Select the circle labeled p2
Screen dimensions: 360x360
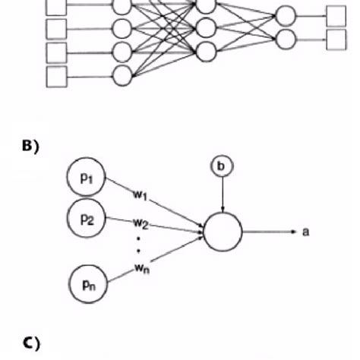tap(86, 218)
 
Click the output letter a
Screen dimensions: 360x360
tap(305, 232)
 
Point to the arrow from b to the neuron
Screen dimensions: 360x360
tap(221, 194)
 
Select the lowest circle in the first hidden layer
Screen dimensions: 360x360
tap(122, 74)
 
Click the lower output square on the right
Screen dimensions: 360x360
tap(335, 39)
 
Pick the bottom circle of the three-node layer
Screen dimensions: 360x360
tap(206, 52)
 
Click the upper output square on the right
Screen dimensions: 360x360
tap(335, 15)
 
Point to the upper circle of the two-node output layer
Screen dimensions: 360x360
tap(284, 15)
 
